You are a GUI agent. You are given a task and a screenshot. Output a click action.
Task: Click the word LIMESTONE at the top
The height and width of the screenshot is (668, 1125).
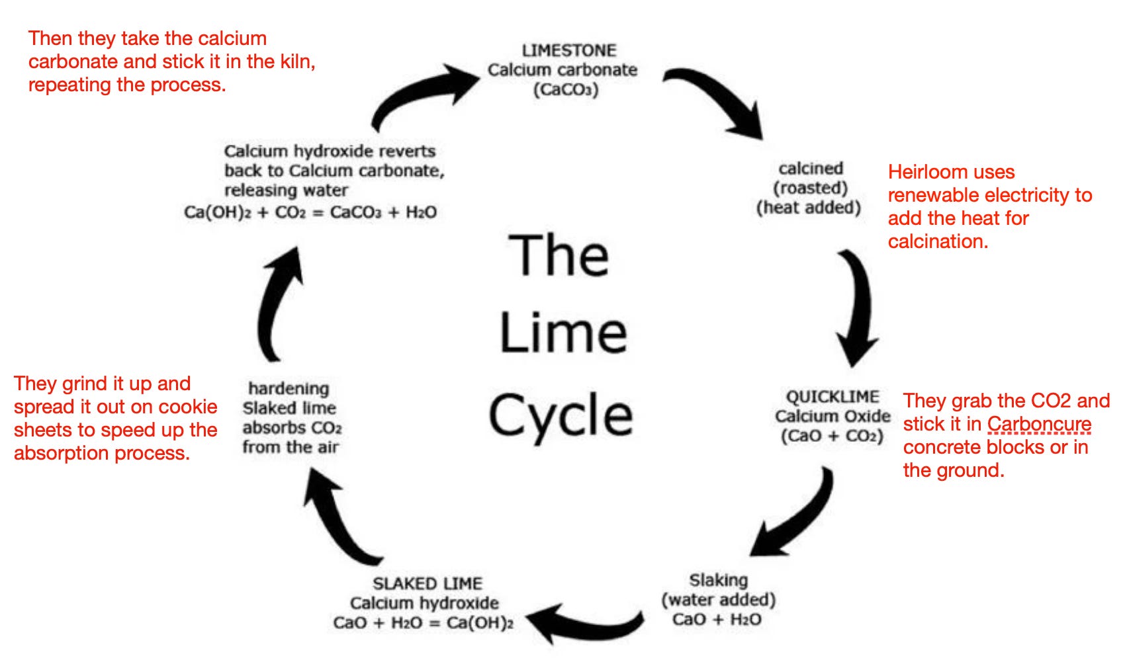click(x=568, y=50)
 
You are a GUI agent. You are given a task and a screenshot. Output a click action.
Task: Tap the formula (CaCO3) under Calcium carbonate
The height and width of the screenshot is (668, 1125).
click(x=566, y=89)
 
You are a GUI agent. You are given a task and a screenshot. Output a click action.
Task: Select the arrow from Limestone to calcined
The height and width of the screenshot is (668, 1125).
click(x=721, y=99)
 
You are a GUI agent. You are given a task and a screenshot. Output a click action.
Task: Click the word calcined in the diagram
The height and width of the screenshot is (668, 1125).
click(x=811, y=168)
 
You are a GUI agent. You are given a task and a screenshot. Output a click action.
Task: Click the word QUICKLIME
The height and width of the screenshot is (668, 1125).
click(x=832, y=396)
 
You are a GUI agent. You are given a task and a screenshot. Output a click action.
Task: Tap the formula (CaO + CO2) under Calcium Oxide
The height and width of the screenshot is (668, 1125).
click(x=832, y=436)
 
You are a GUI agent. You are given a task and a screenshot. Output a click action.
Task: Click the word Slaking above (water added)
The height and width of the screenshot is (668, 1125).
click(x=718, y=580)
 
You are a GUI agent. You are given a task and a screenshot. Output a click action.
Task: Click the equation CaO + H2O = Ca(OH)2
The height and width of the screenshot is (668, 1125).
click(x=423, y=623)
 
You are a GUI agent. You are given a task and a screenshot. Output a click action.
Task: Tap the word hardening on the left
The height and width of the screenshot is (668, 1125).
click(x=289, y=388)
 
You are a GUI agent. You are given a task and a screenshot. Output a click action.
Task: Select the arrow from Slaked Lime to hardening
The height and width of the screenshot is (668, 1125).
click(x=337, y=519)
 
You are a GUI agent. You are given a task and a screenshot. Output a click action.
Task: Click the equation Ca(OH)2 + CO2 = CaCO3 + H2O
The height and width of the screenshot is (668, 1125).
click(x=310, y=212)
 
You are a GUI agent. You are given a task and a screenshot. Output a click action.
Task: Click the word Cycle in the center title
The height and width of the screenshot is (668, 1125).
click(x=561, y=415)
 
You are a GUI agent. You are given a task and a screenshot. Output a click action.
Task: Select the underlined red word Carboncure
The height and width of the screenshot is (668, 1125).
click(x=1039, y=424)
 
